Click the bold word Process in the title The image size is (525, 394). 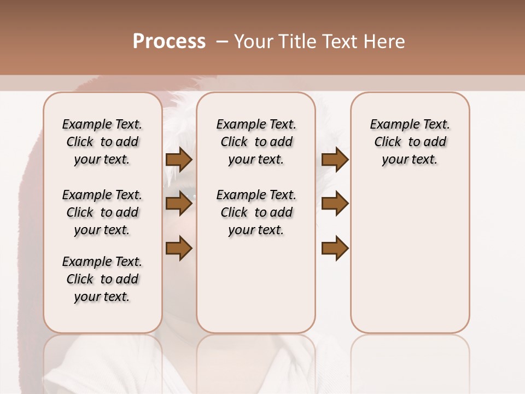tap(169, 42)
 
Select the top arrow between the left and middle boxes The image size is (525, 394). tap(179, 159)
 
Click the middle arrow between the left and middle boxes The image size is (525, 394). tap(179, 204)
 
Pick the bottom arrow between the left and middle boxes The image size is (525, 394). tap(179, 248)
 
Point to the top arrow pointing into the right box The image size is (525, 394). tap(335, 159)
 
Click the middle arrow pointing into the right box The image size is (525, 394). tap(335, 204)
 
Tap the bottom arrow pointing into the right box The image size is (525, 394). tap(335, 248)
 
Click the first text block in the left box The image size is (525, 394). tap(102, 142)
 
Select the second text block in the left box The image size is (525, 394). tap(102, 212)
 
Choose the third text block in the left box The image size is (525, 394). tap(102, 279)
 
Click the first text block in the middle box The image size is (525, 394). tap(256, 142)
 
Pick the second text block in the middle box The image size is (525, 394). tap(256, 212)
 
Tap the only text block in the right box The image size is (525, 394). tap(410, 142)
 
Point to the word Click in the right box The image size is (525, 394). tap(388, 142)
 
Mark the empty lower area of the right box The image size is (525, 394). tap(410, 263)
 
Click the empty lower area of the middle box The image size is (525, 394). tap(256, 285)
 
